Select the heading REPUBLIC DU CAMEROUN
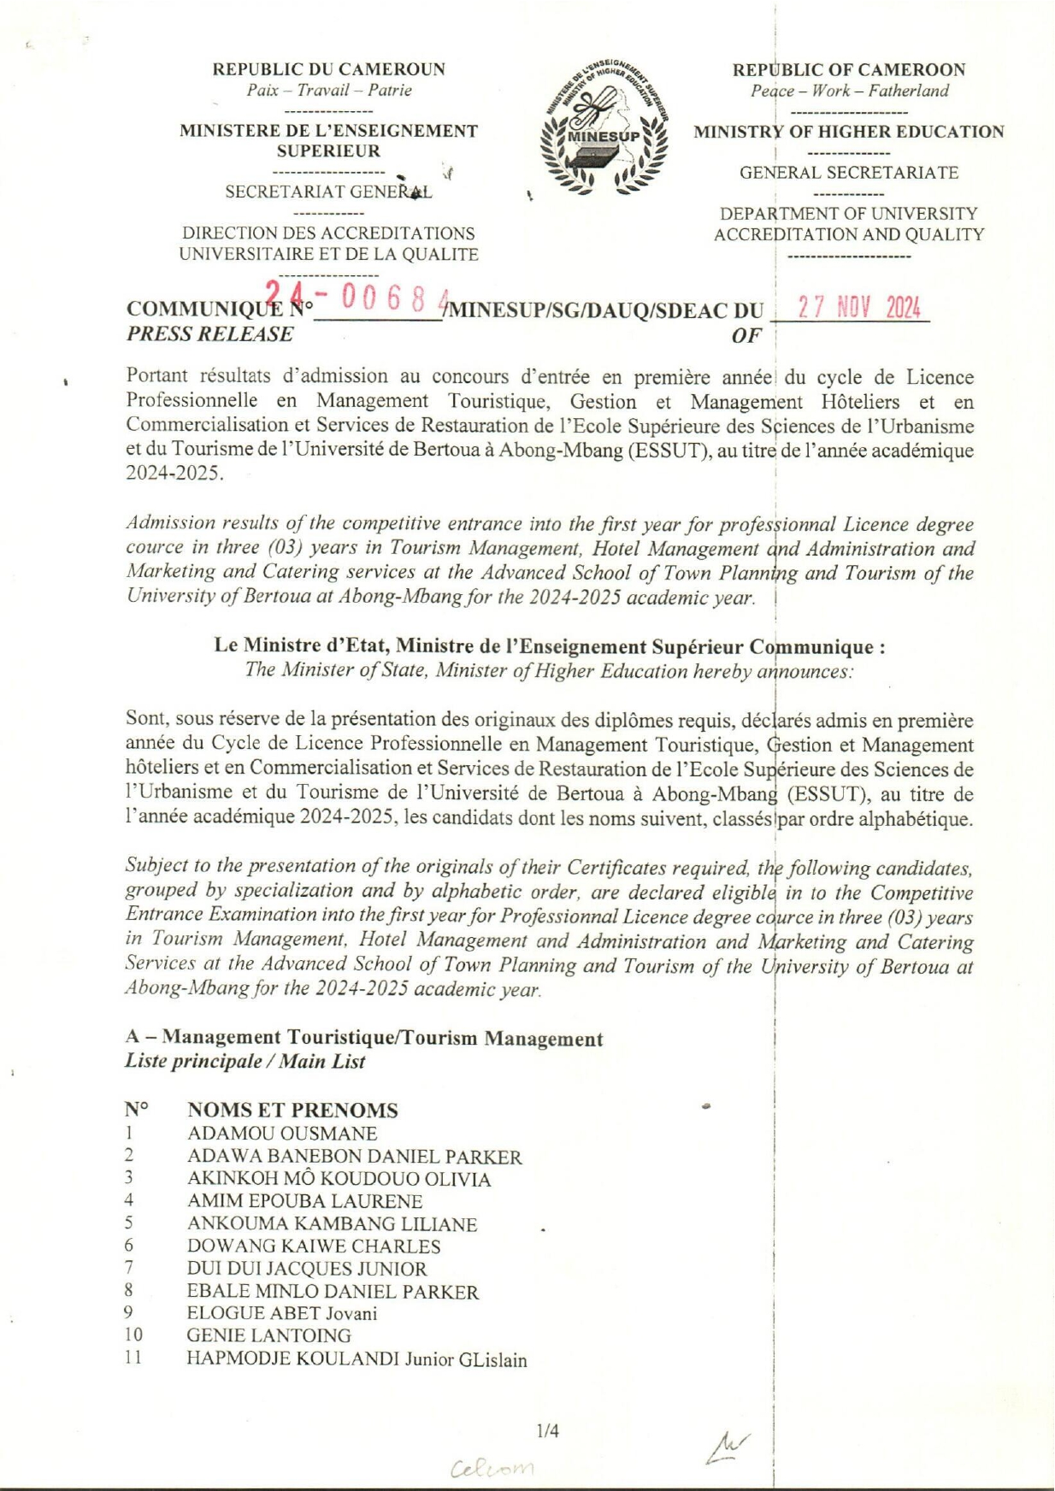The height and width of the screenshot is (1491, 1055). click(x=328, y=69)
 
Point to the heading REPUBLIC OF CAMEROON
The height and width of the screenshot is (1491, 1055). click(x=848, y=69)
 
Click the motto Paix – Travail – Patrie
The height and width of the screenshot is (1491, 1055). click(x=328, y=91)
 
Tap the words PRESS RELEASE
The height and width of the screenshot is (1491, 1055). click(x=209, y=334)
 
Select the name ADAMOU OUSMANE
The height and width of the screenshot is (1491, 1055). click(x=282, y=1134)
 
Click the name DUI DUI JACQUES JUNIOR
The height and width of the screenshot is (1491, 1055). click(x=307, y=1269)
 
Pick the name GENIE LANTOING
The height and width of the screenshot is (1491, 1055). click(x=268, y=1335)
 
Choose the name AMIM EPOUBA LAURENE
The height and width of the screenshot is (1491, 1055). click(x=305, y=1201)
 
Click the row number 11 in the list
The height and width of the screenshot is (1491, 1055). click(x=133, y=1358)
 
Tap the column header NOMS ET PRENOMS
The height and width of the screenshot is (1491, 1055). click(x=292, y=1111)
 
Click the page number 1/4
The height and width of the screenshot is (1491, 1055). click(x=547, y=1430)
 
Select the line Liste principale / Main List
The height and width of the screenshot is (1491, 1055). click(x=245, y=1062)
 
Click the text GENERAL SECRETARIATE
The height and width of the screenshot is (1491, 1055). click(x=848, y=173)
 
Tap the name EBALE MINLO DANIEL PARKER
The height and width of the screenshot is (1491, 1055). click(x=333, y=1292)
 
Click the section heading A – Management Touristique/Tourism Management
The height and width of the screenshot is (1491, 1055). click(x=364, y=1038)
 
